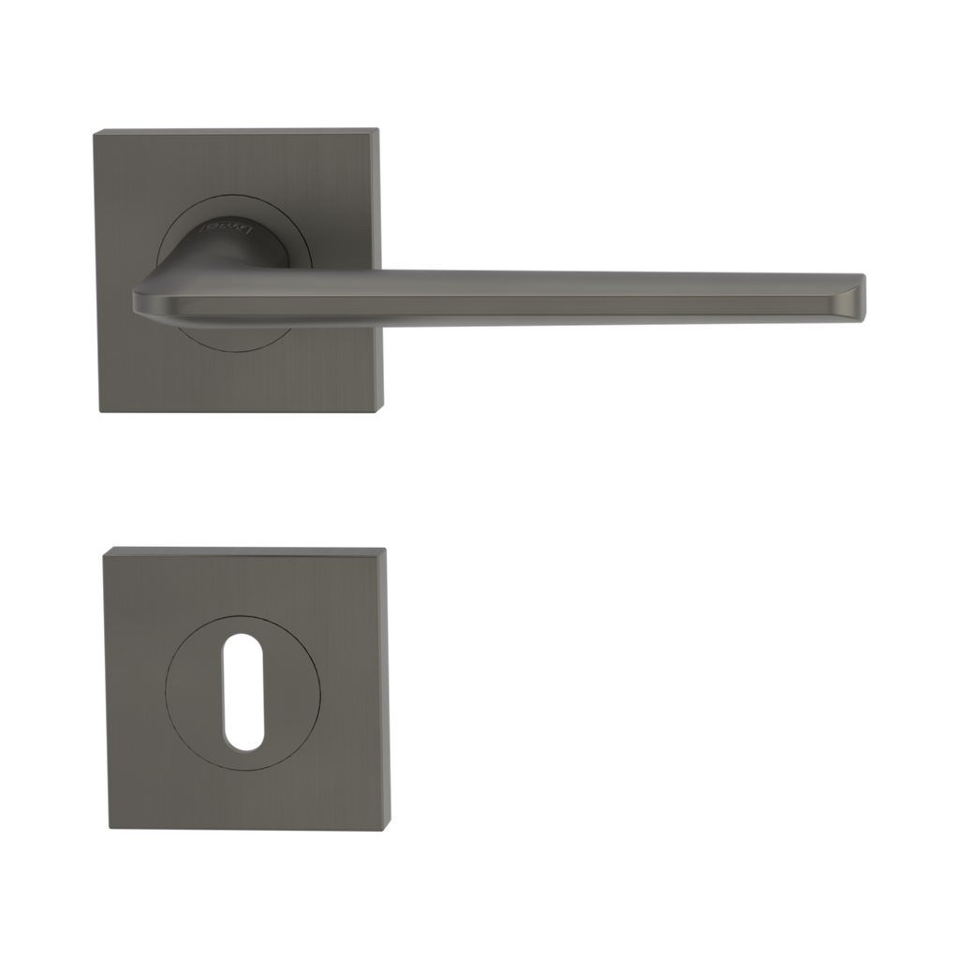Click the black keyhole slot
click(x=243, y=692)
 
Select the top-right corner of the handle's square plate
click(x=380, y=127)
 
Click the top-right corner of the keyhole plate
click(x=387, y=546)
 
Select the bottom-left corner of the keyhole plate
click(x=106, y=830)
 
